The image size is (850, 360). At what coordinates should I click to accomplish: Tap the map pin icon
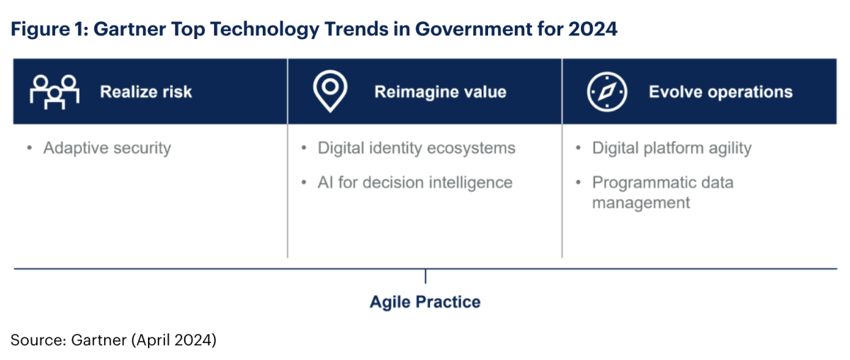pyautogui.click(x=330, y=91)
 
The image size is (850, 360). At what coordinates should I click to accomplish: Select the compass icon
pyautogui.click(x=607, y=91)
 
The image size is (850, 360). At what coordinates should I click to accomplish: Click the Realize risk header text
pyautogui.click(x=146, y=92)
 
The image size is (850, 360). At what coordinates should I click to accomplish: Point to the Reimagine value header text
pyautogui.click(x=440, y=92)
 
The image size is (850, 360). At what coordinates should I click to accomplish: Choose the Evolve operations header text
pyautogui.click(x=720, y=92)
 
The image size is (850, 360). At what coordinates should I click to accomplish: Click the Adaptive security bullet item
pyautogui.click(x=107, y=148)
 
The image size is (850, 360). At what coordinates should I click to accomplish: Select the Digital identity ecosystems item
pyautogui.click(x=416, y=148)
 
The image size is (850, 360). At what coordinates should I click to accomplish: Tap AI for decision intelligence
pyautogui.click(x=415, y=183)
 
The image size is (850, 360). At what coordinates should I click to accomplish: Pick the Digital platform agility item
pyautogui.click(x=671, y=148)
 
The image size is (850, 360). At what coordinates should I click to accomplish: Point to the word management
pyautogui.click(x=641, y=203)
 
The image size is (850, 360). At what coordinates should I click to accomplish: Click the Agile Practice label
pyautogui.click(x=425, y=303)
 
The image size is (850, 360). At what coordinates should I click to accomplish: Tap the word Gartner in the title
pyautogui.click(x=130, y=29)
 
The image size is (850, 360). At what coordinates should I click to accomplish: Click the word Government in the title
pyautogui.click(x=473, y=29)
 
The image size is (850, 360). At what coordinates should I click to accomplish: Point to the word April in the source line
pyautogui.click(x=153, y=340)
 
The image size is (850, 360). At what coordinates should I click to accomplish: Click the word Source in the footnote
pyautogui.click(x=37, y=340)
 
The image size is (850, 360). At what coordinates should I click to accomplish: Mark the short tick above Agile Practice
pyautogui.click(x=426, y=276)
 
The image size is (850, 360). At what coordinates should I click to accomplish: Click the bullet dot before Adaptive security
pyautogui.click(x=29, y=147)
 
